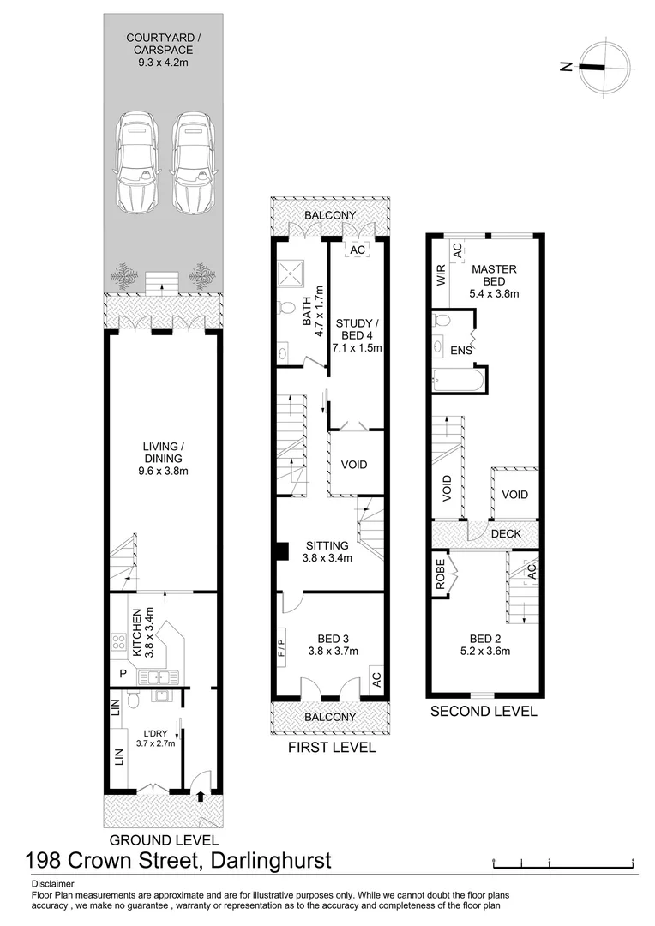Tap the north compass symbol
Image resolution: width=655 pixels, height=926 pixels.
(x=605, y=68)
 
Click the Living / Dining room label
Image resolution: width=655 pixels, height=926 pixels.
(x=165, y=458)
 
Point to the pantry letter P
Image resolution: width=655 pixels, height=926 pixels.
(x=123, y=674)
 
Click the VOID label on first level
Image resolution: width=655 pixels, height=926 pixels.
(x=354, y=465)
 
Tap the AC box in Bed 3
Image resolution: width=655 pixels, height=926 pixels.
(x=376, y=678)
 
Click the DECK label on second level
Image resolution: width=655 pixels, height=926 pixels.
(x=507, y=534)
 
